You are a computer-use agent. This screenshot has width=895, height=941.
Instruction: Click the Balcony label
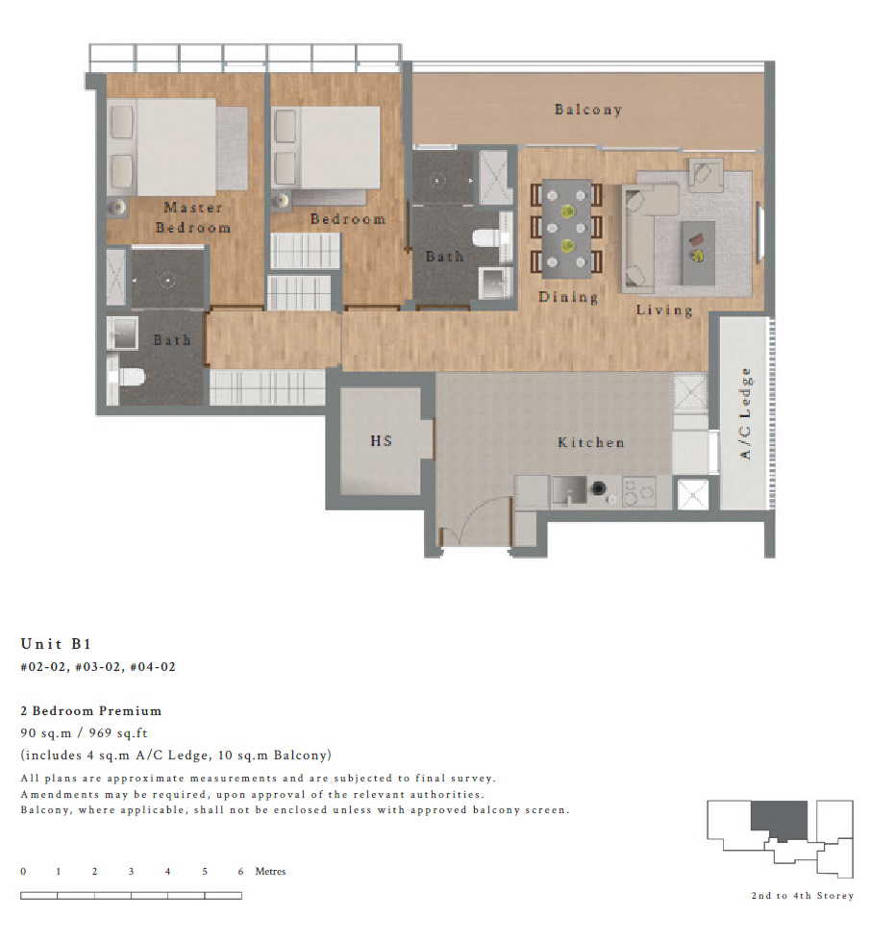(587, 110)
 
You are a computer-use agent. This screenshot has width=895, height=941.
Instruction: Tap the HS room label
(382, 441)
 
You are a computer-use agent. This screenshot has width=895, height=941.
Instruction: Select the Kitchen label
(590, 442)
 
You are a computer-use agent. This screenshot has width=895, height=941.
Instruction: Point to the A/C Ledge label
(745, 413)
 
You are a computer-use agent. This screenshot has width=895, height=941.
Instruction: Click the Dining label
(568, 297)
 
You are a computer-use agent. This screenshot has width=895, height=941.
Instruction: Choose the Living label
(664, 310)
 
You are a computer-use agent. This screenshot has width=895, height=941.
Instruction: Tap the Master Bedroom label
(192, 217)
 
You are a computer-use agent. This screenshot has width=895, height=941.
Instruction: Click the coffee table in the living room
(698, 253)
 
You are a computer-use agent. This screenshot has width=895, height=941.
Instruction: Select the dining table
(566, 229)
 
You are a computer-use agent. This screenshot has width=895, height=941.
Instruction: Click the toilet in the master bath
(127, 378)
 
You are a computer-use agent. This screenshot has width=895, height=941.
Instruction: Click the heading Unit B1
(56, 644)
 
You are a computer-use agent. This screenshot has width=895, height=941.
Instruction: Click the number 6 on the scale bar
(240, 872)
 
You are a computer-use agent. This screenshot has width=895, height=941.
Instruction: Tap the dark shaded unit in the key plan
(779, 818)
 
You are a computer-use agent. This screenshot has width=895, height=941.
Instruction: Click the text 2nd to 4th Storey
(802, 896)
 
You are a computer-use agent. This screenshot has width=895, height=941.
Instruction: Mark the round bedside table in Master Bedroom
(117, 208)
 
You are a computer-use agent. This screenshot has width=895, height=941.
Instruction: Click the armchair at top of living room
(706, 175)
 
